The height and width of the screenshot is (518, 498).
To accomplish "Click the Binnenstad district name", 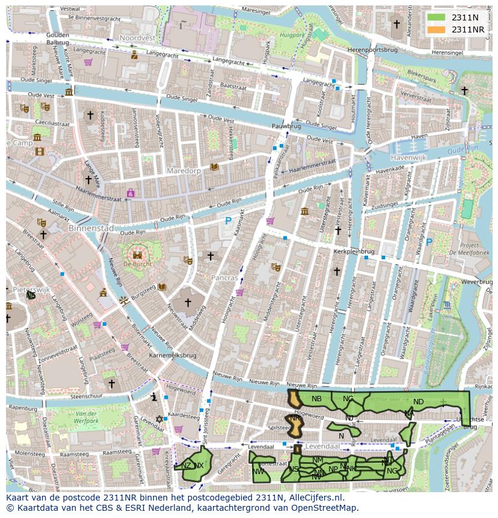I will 91,229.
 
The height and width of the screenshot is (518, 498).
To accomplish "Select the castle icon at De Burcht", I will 137,254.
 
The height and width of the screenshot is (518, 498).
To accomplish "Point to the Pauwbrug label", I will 286,127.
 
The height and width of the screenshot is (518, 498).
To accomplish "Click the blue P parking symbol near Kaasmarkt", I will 228,221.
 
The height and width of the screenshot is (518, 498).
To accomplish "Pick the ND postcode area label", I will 419,402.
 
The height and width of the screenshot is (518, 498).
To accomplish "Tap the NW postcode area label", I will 259,471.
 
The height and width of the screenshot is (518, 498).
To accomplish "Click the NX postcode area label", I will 198,466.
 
